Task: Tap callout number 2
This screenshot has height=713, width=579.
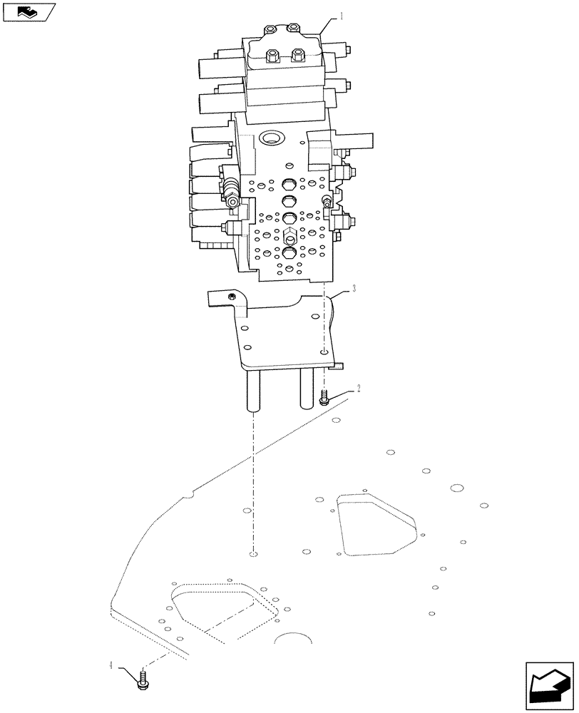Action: coord(359,388)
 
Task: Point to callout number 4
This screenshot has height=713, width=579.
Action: coord(111,665)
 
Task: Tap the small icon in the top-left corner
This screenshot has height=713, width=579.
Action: coord(28,12)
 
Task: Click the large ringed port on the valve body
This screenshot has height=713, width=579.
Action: coord(272,137)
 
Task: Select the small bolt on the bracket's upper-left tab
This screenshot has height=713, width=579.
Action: coord(231,297)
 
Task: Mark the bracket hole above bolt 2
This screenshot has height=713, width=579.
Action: coord(324,352)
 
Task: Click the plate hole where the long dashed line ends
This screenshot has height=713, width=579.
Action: coord(253,554)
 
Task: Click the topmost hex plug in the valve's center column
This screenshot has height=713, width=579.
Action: coord(288,184)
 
